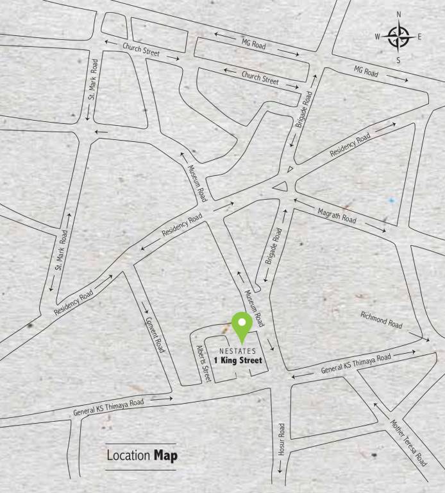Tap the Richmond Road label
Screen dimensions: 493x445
382,320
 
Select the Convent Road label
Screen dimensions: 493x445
155,335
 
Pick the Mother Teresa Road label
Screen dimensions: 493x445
408,442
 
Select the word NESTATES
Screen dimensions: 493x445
237,351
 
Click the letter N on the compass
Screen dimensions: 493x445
399,14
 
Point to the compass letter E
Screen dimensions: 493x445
419,37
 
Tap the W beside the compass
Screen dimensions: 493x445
378,37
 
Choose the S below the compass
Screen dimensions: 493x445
398,60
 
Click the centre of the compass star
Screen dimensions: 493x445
399,37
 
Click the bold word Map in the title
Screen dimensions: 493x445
165,456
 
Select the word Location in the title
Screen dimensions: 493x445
128,456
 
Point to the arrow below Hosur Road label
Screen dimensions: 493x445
280,476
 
